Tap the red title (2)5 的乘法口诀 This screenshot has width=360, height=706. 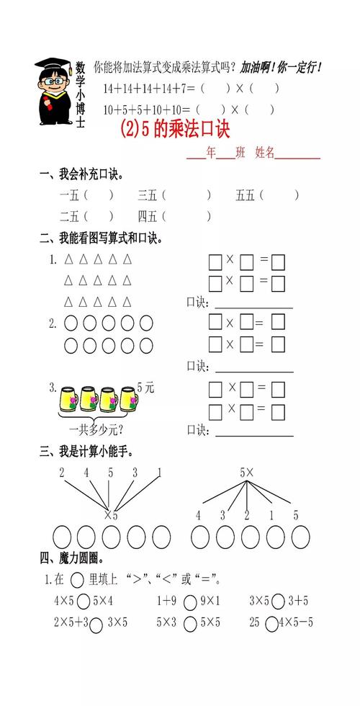click(175, 129)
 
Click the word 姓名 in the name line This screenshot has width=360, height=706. click(265, 153)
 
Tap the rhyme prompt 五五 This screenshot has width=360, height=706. click(245, 195)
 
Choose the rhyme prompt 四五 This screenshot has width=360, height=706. click(147, 217)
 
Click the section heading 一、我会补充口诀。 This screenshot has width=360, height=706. click(81, 174)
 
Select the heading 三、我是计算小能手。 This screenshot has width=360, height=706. click(86, 452)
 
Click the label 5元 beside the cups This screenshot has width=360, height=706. click(145, 388)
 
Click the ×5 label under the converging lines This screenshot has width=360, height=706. click(111, 515)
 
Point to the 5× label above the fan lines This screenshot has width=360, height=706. click(247, 473)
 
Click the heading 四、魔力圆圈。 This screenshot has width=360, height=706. click(72, 559)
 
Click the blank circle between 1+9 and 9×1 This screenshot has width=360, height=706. click(190, 602)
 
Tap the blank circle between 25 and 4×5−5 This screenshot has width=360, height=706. click(271, 624)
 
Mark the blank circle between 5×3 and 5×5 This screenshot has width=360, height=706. click(190, 624)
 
